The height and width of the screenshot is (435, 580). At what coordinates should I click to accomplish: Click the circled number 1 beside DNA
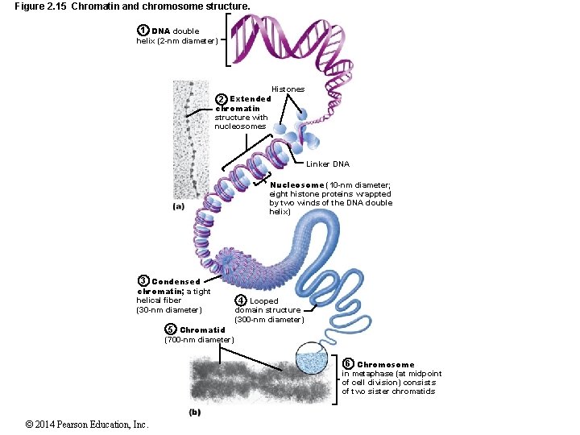coord(143,31)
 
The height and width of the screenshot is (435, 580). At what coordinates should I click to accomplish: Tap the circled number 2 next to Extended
coord(222,99)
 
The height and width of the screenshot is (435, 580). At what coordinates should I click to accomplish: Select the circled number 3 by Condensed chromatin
coord(143,281)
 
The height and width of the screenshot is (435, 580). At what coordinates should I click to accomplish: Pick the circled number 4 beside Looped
coord(240,300)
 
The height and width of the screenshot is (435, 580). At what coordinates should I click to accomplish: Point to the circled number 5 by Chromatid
coord(170,329)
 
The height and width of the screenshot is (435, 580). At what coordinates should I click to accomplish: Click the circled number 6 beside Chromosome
coord(347,364)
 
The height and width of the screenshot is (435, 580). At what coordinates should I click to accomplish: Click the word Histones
coord(288,89)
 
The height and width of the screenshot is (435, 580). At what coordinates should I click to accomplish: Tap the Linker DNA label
coord(328,164)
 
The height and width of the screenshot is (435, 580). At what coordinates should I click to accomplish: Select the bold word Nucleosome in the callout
coord(296,184)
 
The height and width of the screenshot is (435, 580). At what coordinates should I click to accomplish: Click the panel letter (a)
coord(179,206)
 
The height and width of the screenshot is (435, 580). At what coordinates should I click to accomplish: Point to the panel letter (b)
coord(194,412)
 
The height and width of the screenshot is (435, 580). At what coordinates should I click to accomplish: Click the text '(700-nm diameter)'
coord(198,340)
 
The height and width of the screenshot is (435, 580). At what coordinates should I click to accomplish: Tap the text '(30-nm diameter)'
coord(169,310)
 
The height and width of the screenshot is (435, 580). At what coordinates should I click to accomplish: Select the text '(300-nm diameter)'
coord(269,320)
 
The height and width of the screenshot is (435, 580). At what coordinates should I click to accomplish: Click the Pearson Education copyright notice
coord(86,425)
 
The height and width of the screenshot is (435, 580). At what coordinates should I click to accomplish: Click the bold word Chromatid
coord(202,330)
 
